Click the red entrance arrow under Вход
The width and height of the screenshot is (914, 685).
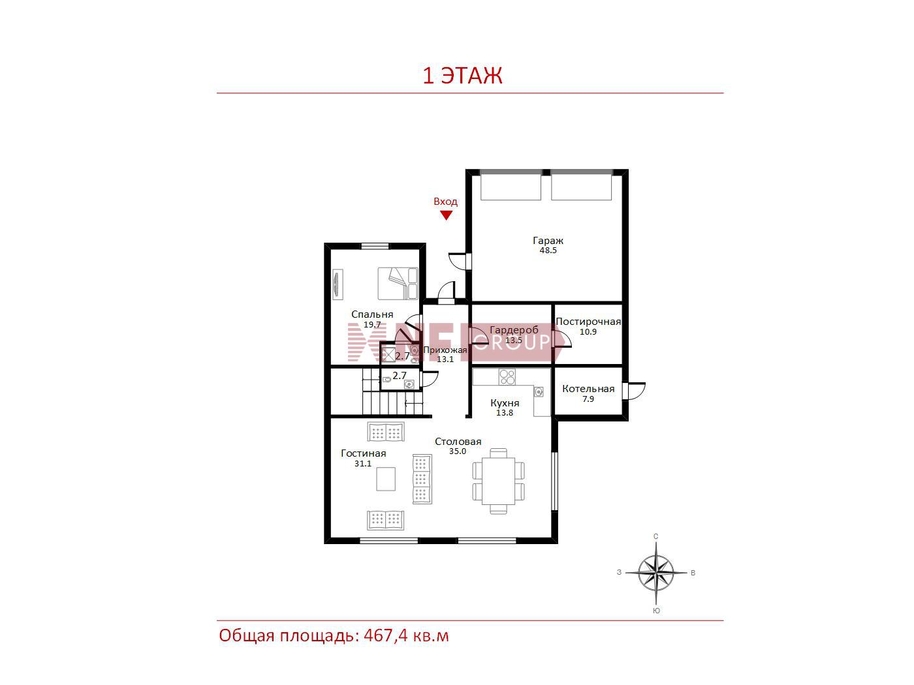[446, 215]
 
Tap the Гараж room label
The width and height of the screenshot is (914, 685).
[548, 240]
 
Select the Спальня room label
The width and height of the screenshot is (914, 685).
[372, 314]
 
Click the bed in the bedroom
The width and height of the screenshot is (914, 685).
[397, 283]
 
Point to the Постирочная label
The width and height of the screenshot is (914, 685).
[588, 322]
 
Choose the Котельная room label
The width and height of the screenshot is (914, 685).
[588, 389]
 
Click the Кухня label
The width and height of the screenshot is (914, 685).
[505, 403]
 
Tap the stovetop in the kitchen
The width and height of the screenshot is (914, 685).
[507, 377]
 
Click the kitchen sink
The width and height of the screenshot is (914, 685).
[539, 391]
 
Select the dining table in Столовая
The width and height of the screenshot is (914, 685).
[498, 481]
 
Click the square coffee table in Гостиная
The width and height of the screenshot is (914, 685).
[386, 479]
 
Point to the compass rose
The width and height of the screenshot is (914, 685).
[656, 573]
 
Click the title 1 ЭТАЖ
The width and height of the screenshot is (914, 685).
[462, 76]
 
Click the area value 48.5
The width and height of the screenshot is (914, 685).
[548, 251]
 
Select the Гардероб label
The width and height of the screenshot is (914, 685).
[514, 330]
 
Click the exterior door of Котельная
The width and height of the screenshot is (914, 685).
[633, 391]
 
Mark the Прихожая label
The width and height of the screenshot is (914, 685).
[445, 350]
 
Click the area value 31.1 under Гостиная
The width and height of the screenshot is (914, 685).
[363, 464]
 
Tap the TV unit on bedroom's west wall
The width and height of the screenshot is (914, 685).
[338, 284]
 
